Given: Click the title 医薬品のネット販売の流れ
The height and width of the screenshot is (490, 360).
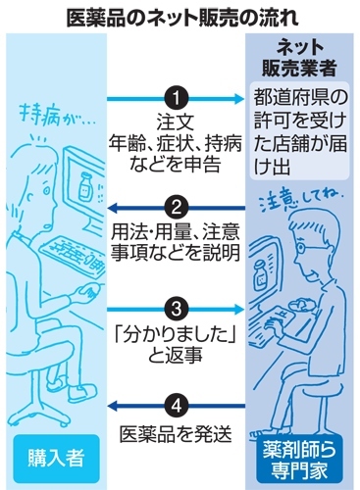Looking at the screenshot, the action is [179, 17].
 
